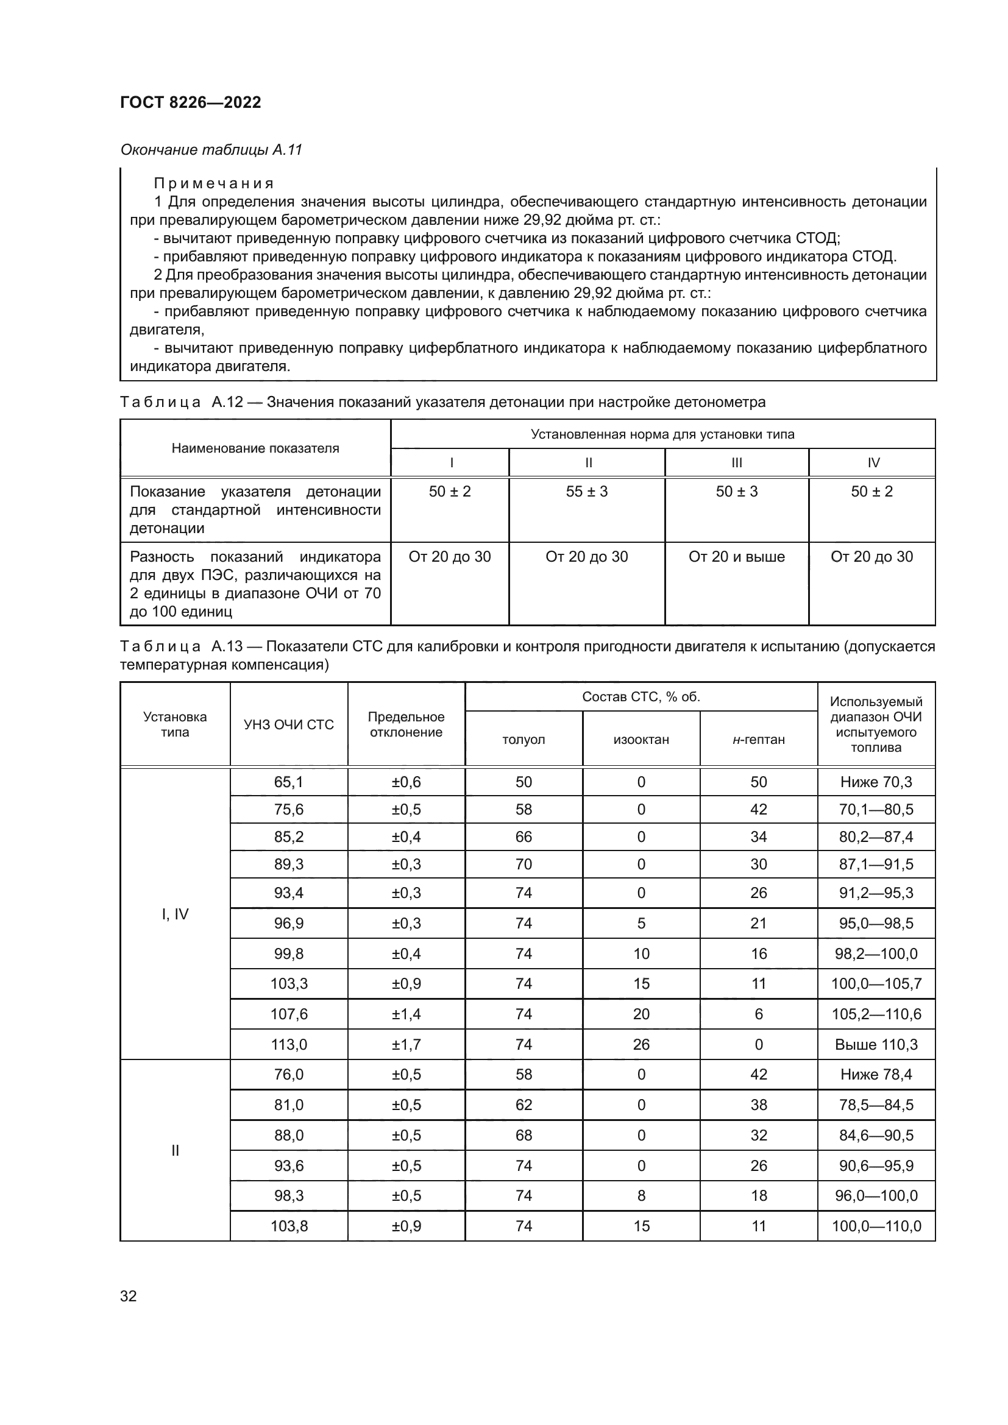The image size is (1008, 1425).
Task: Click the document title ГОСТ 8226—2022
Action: pos(191,102)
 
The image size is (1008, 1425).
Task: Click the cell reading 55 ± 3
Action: pos(586,492)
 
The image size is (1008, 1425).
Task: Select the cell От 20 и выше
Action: pos(736,557)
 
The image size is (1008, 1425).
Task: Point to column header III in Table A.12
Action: pos(736,462)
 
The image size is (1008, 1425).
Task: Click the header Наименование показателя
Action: pos(255,448)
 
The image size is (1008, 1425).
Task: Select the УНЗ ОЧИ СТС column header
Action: pos(289,724)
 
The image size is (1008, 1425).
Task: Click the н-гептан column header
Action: pos(759,740)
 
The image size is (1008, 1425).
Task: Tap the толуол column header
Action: pos(524,740)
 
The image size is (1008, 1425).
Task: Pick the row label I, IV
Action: pos(175,914)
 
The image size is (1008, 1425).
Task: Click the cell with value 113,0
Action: pos(289,1045)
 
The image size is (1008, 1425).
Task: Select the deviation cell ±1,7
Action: pos(406,1045)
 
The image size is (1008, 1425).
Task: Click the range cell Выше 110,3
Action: pos(876,1045)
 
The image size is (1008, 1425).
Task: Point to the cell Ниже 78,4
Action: pos(876,1074)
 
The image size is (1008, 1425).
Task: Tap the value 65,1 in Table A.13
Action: pos(289,782)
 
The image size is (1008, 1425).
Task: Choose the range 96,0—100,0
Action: pos(876,1195)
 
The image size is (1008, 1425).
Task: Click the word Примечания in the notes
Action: pos(214,184)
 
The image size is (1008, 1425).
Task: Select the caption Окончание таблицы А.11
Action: pos(211,150)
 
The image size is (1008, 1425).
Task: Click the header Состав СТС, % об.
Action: pos(641,697)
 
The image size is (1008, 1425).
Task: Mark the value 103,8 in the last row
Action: pos(289,1226)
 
